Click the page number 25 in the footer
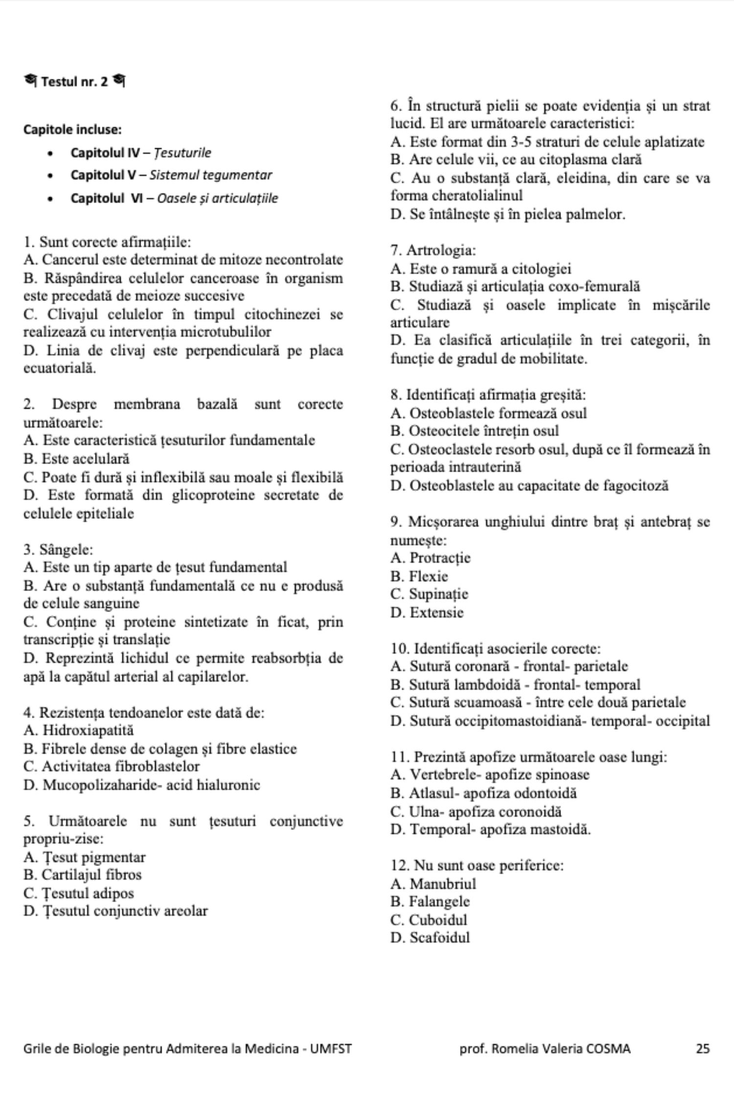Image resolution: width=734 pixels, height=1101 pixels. pos(702,1048)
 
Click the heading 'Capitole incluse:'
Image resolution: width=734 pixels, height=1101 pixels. pos(72,130)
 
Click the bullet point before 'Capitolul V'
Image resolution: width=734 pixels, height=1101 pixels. pos(50,176)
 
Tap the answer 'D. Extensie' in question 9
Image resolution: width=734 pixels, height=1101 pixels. pos(427,612)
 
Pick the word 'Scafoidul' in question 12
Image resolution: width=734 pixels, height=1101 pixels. pos(439,937)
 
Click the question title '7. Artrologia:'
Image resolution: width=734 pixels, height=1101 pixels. pos(433,251)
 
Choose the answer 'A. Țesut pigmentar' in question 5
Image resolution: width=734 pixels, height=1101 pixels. pos(84,857)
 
